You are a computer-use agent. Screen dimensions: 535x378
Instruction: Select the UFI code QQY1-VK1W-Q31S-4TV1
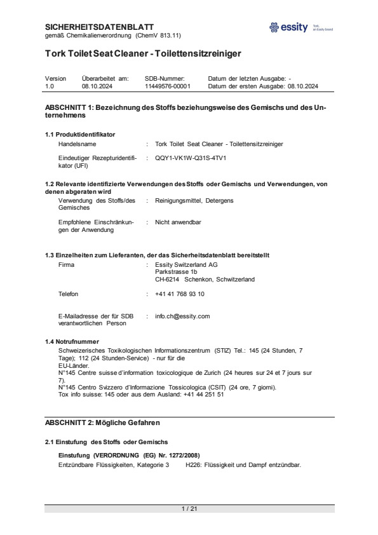[191, 157]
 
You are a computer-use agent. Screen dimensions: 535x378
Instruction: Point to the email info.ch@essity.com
[182, 316]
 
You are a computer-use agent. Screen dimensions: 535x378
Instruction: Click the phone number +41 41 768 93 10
[180, 294]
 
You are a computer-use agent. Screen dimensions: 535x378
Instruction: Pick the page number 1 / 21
[189, 509]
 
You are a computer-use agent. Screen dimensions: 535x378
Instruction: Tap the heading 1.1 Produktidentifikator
[79, 134]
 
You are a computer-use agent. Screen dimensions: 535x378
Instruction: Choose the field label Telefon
[69, 294]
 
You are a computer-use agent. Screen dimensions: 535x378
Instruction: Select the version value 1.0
[50, 86]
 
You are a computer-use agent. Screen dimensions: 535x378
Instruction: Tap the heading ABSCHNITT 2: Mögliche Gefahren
[102, 423]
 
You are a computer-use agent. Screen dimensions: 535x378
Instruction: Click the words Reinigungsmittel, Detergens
[194, 201]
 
